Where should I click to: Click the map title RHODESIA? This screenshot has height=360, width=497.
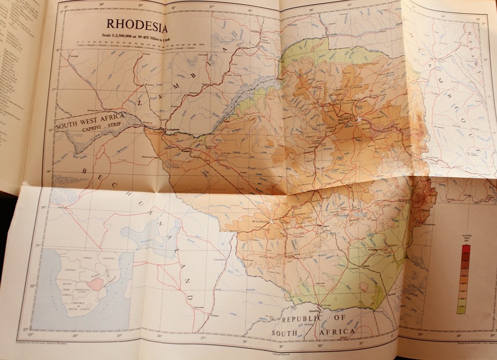coord(137,26)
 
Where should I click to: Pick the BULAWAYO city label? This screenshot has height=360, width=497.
coord(260,222)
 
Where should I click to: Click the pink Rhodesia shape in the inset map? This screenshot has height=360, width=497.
coord(96,284)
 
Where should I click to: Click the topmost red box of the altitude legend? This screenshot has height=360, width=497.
coord(466,249)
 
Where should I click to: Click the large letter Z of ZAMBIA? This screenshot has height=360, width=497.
coord(140,104)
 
